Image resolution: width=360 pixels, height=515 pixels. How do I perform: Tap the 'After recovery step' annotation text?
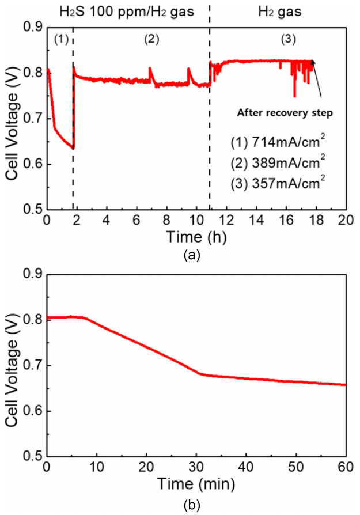285,113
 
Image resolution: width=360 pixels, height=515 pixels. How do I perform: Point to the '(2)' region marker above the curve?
151,39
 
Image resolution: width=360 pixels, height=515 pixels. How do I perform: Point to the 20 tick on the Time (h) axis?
345,221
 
